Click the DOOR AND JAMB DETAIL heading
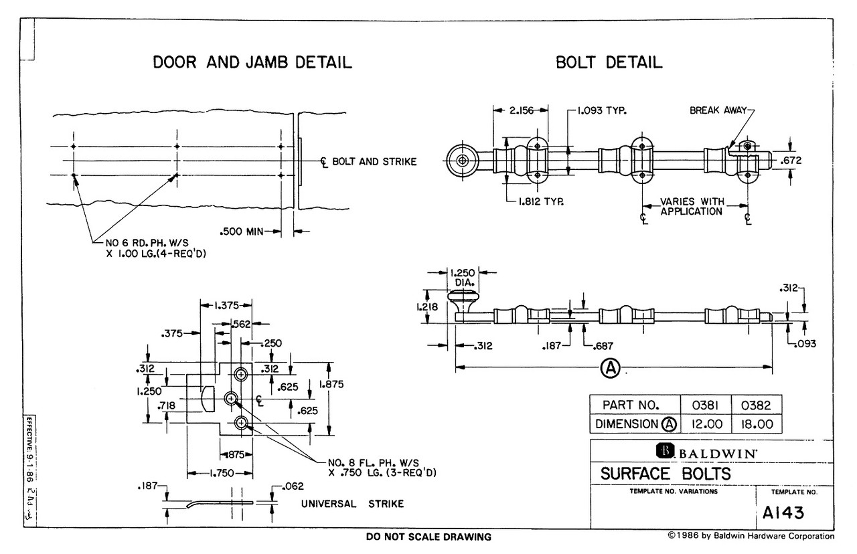click(252, 62)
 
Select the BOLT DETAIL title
click(609, 62)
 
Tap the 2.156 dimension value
click(521, 110)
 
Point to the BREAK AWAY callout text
click(718, 110)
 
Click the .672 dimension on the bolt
click(791, 160)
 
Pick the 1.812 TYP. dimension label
click(541, 201)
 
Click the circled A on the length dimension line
click(610, 368)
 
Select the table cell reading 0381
click(705, 405)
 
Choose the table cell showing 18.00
click(757, 424)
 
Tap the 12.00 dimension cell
click(706, 424)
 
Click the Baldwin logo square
click(665, 451)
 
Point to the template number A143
click(783, 513)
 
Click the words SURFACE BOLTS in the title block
click(666, 474)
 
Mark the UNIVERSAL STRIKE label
click(352, 504)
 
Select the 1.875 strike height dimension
click(331, 384)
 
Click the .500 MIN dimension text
click(242, 232)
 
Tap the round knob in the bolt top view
click(463, 161)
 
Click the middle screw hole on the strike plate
click(231, 399)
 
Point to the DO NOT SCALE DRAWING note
click(428, 537)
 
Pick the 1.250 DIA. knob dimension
click(463, 278)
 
